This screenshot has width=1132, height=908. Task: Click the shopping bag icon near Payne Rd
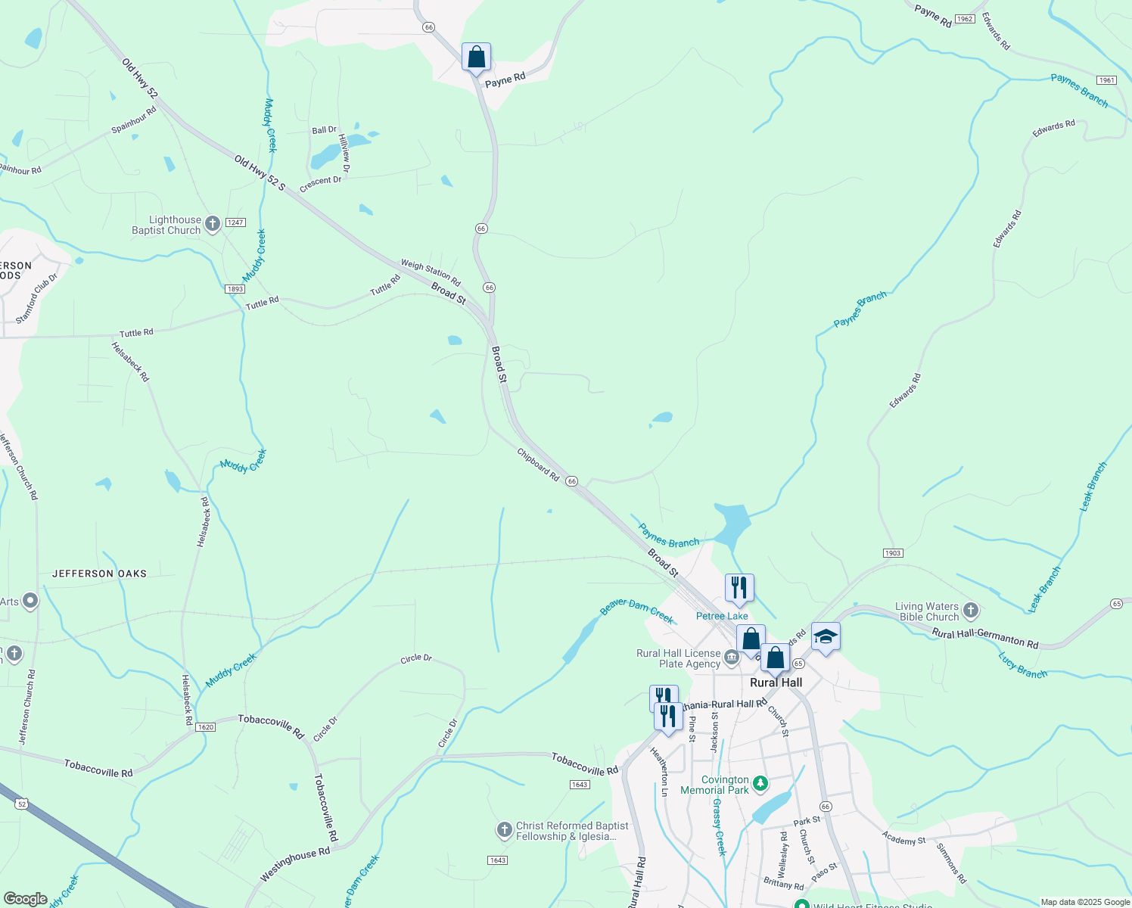point(476,58)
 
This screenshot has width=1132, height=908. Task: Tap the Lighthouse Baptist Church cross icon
point(213,223)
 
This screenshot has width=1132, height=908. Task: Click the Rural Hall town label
point(776,683)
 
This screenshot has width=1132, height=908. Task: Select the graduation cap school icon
point(826,638)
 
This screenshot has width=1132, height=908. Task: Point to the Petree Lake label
point(722,616)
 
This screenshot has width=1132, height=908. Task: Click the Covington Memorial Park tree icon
point(760,782)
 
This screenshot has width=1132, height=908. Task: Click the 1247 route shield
point(236,222)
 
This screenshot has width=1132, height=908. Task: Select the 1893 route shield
point(235,289)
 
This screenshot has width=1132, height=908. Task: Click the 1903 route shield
point(893,553)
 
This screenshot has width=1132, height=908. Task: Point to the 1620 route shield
point(205,727)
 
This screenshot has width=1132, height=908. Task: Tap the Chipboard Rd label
point(538,465)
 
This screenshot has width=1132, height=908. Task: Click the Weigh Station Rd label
point(431,272)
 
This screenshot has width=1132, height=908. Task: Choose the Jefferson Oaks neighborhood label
point(99,574)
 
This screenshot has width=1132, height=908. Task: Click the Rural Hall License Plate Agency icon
point(732,658)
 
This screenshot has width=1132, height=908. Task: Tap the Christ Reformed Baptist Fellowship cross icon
point(505,830)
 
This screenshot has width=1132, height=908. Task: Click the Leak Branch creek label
point(1092,487)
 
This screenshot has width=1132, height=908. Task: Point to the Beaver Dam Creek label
point(636,611)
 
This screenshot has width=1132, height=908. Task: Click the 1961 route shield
point(1106,80)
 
